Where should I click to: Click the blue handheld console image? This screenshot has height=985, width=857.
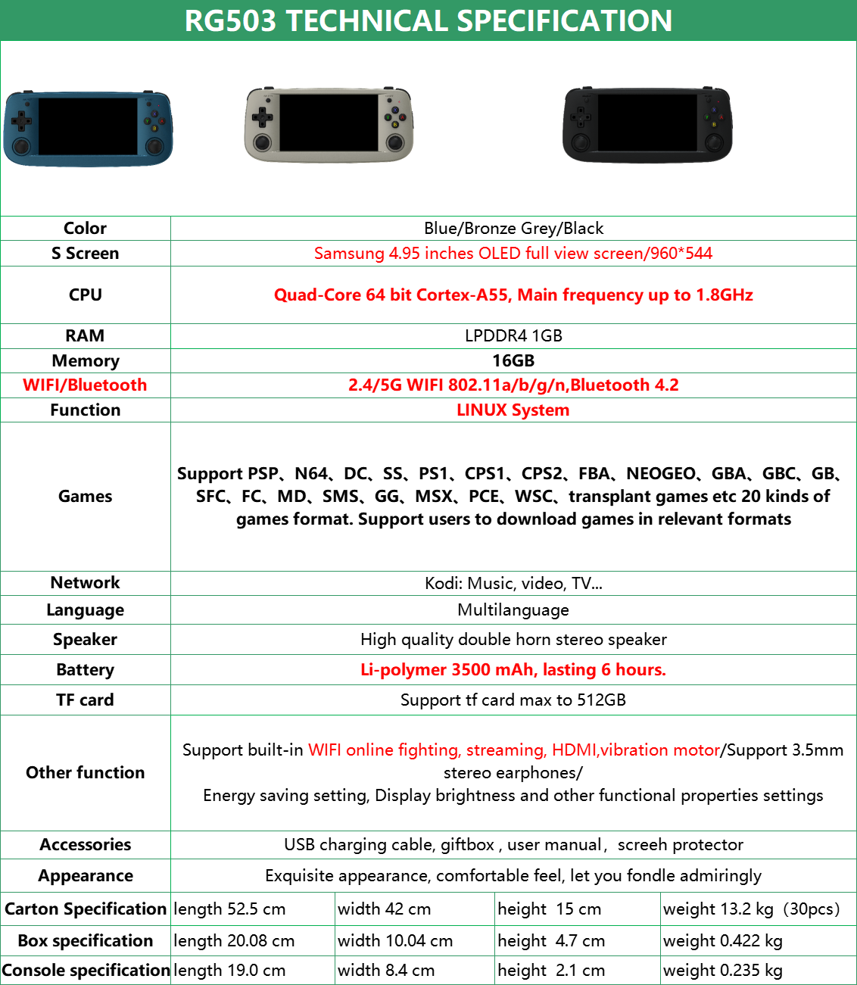[88, 127]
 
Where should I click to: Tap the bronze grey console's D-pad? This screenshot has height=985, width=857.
[263, 117]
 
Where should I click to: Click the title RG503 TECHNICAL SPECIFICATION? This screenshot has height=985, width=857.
[428, 20]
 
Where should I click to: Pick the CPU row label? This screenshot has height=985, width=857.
[85, 295]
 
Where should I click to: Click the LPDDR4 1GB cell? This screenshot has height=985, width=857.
[513, 335]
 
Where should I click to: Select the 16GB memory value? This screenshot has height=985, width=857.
[513, 360]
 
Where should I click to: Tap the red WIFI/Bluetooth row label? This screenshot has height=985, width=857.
[85, 385]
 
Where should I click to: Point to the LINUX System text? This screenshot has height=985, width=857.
[513, 410]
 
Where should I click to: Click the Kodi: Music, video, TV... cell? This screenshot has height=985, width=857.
[513, 583]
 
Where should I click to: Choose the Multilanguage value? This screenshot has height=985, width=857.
[513, 609]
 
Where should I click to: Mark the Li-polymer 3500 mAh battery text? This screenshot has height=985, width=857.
[513, 669]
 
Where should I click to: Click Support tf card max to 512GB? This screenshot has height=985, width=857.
[513, 700]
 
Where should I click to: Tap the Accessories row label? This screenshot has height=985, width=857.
[85, 844]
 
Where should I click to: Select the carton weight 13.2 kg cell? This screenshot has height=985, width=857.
[751, 909]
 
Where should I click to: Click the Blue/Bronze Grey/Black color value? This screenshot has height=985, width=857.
[513, 228]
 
